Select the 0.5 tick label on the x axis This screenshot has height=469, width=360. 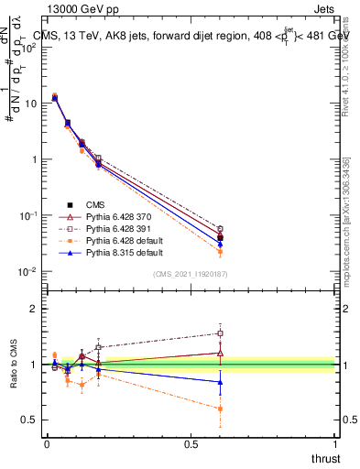coord(191,444)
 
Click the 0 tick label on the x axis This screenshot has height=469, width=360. coord(47,444)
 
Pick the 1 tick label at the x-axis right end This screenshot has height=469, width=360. coord(335,444)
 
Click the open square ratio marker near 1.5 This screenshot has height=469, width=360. coord(220,333)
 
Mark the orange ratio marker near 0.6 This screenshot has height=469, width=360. coord(220,409)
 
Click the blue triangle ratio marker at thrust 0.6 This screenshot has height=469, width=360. coord(220,382)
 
